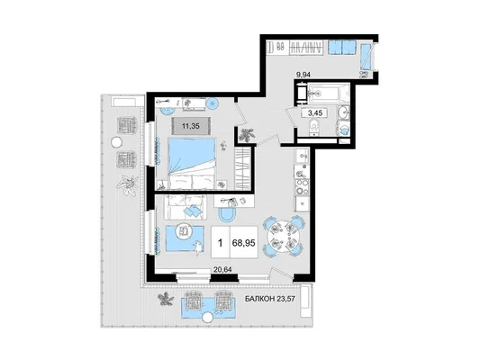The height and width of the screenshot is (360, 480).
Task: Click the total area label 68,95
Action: click(244, 243)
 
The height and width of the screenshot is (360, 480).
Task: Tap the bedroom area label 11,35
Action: click(191, 125)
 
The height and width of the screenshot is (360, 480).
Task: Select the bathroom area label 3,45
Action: click(315, 112)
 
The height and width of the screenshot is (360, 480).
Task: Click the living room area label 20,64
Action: click(222, 269)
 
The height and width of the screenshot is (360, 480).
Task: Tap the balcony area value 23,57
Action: click(285, 299)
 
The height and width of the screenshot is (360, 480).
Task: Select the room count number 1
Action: click(220, 243)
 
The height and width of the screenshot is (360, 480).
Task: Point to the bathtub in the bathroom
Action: click(329, 92)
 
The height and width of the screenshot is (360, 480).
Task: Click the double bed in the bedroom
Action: click(192, 163)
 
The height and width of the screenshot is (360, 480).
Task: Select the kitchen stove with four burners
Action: click(302, 187)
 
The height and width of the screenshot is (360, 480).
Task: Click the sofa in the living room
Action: click(185, 207)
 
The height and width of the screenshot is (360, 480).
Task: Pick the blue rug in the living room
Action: click(185, 238)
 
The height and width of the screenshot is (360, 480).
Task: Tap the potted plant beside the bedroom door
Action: click(247, 136)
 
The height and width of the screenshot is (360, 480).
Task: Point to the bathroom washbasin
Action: click(344, 112)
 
